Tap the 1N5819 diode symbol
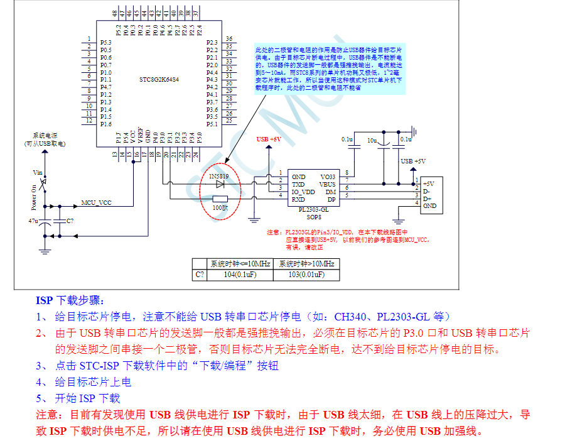(x=220, y=184)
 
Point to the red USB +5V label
(x=269, y=139)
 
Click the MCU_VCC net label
(x=96, y=204)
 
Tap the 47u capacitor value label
(x=33, y=221)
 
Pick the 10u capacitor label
(x=372, y=139)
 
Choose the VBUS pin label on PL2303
(x=327, y=184)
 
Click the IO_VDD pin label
(x=303, y=192)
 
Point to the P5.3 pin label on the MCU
(x=105, y=42)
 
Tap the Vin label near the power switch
(x=37, y=172)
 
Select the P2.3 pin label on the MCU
(x=212, y=42)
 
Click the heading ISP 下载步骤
(x=70, y=300)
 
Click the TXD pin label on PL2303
(x=298, y=184)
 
